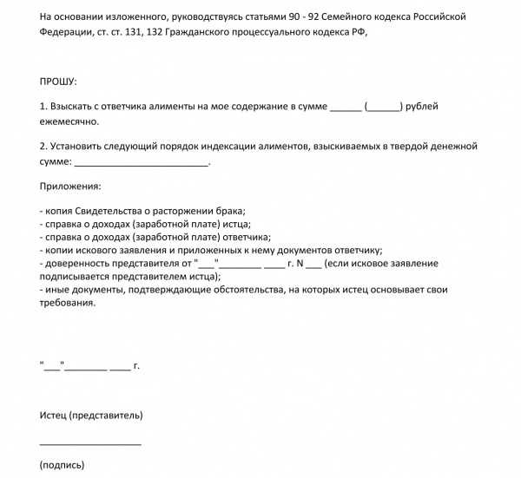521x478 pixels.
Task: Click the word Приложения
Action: (70, 187)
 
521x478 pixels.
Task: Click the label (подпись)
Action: (62, 465)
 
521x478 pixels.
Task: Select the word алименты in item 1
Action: (170, 107)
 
